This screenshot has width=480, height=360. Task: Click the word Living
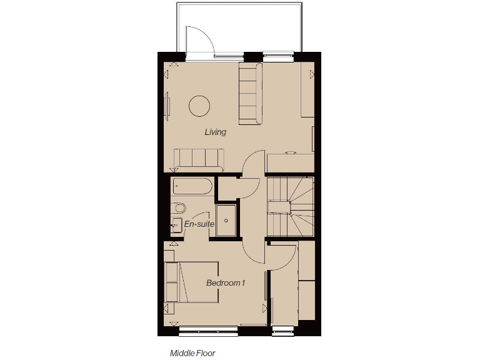(215, 132)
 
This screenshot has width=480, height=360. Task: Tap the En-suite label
(199, 224)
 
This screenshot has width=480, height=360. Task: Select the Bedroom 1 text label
(226, 283)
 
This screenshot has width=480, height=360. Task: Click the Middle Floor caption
(192, 353)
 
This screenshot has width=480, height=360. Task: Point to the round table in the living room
(199, 105)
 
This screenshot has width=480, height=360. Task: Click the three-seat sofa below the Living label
(199, 159)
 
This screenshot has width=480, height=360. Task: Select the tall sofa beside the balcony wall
(250, 93)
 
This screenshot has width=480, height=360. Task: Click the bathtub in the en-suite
(192, 186)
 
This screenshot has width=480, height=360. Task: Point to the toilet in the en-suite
(179, 208)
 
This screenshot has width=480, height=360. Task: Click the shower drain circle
(227, 221)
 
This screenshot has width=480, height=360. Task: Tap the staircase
(290, 207)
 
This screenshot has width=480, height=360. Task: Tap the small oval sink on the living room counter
(290, 152)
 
